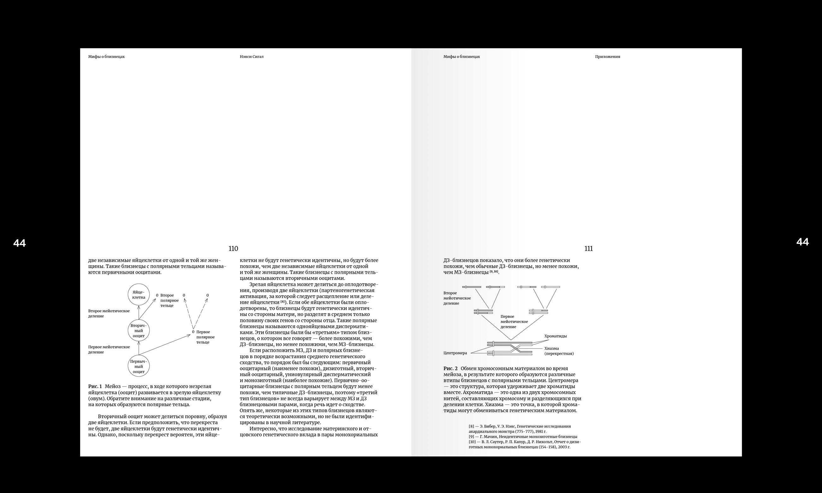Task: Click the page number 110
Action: tap(233, 249)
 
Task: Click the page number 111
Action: tap(588, 249)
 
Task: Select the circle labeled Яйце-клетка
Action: tap(139, 295)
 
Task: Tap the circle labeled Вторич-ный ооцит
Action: tap(139, 331)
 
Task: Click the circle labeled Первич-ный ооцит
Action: tap(139, 367)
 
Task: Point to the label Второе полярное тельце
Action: tap(169, 300)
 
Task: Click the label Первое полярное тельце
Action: tap(205, 337)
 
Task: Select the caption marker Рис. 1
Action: tap(95, 386)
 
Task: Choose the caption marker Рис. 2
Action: tap(450, 368)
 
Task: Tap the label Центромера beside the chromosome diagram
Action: tap(455, 353)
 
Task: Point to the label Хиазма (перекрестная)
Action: tap(559, 351)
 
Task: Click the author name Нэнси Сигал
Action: tap(251, 57)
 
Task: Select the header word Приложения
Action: tap(607, 57)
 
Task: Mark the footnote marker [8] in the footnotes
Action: tap(471, 426)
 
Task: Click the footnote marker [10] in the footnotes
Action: tap(472, 442)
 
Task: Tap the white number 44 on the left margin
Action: tap(20, 243)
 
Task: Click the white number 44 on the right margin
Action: tap(802, 242)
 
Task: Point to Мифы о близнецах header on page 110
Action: tap(106, 57)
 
